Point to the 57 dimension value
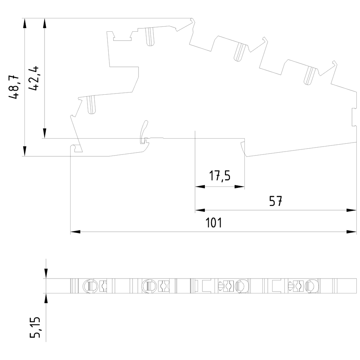coord(275,201)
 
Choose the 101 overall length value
coord(213,223)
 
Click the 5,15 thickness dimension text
coord(36,328)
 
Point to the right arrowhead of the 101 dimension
coord(352,232)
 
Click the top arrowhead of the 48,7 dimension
coord(24,23)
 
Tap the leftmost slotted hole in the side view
coord(91,105)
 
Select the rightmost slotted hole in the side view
coord(309,76)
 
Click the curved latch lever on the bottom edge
coord(144,127)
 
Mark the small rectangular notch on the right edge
coord(354,118)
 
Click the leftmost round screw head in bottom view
coord(89,286)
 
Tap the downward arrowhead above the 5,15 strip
coord(46,274)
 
